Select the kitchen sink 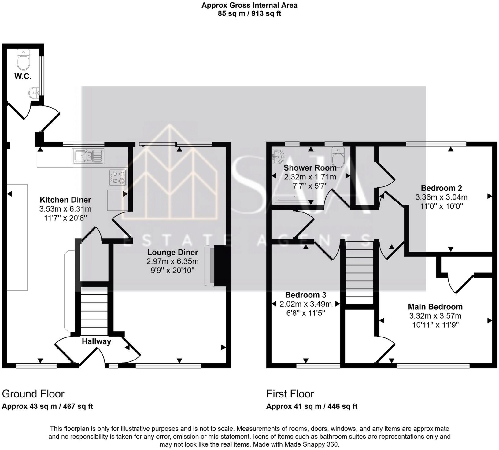click(x=88, y=156)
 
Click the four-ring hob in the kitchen click(x=118, y=177)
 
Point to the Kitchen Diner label click(x=65, y=200)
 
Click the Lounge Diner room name click(x=173, y=253)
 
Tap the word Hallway click(x=96, y=341)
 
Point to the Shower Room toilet click(x=339, y=156)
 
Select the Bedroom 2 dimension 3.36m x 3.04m click(x=441, y=197)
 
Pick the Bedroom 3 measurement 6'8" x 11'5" click(x=306, y=313)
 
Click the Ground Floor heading click(x=33, y=393)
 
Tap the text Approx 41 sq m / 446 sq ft click(x=312, y=406)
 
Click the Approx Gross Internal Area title click(x=249, y=5)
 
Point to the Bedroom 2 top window click(x=436, y=143)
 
